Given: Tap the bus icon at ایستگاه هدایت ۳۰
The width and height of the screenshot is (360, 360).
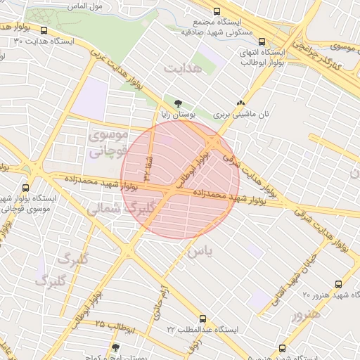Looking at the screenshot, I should (45, 31).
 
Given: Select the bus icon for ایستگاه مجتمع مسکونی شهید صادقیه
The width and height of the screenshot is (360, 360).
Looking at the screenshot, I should (217, 12).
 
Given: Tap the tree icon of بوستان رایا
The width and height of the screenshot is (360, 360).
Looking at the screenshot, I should (167, 103).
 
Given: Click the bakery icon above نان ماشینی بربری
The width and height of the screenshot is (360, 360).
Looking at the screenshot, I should (241, 103).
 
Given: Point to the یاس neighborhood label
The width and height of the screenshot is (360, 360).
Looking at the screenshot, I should (200, 250).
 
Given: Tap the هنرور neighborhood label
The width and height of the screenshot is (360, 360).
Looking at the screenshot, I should (305, 314).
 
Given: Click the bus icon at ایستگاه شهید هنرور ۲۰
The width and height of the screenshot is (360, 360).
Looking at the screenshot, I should (339, 284).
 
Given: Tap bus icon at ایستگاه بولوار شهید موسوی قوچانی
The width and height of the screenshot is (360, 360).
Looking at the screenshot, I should (26, 188).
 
